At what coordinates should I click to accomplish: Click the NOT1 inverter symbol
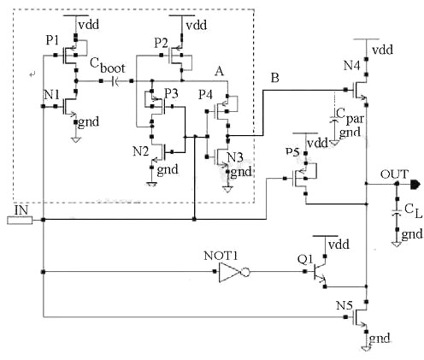233,273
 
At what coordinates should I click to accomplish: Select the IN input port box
18,220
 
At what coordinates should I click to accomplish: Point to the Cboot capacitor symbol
115,81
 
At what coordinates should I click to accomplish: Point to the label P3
170,92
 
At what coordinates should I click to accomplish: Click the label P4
205,93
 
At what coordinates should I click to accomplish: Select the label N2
141,151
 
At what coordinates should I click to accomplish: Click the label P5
293,152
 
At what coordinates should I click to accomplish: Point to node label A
220,74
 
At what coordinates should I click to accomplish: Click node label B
274,78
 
